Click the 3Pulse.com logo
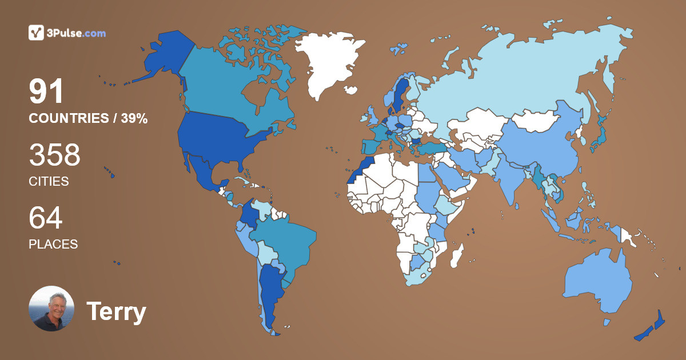pos(67,33)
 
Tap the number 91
pos(46,92)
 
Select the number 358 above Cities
pos(54,155)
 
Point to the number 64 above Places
pos(45,218)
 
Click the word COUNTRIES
pos(69,119)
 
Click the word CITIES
pos(49,182)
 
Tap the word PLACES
pos(53,244)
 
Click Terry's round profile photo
pos(51,309)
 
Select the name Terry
pos(116,312)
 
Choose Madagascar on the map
pos(456,256)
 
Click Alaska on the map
pos(160,57)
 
